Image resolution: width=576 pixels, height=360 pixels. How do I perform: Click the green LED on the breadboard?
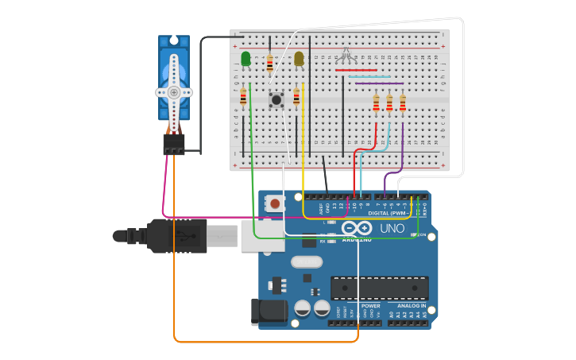245,59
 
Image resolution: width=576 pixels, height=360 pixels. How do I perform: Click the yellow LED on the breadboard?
299,59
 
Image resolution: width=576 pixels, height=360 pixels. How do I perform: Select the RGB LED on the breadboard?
345,54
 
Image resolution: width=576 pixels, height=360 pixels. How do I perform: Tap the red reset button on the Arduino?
275,203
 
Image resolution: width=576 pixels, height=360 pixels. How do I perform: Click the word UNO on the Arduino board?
392,228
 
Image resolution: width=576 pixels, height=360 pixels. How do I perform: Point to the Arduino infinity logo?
356,228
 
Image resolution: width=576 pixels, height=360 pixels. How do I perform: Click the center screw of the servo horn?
174,92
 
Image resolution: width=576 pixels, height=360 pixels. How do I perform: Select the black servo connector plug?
174,145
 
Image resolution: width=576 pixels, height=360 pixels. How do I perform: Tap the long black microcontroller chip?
379,287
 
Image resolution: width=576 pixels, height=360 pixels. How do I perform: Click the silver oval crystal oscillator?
307,261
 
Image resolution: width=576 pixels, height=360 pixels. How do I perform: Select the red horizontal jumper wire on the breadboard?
356,70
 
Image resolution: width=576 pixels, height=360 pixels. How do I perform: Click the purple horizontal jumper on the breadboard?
379,83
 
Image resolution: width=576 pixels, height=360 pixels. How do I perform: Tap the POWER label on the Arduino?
370,305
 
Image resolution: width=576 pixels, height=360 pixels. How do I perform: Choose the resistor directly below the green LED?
243,97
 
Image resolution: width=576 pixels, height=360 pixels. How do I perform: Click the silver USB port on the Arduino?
262,236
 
